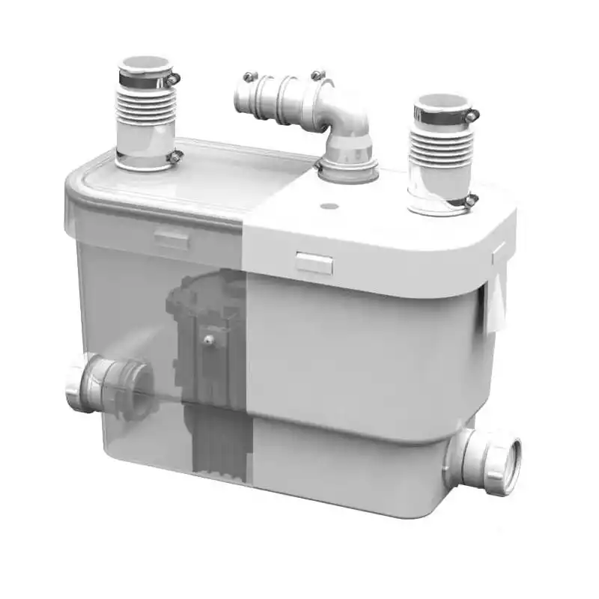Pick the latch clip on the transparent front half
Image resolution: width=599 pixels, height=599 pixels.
click(x=172, y=239)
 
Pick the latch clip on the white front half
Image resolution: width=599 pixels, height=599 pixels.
click(x=314, y=263)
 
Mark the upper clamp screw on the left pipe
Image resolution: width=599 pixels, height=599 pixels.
click(x=174, y=77)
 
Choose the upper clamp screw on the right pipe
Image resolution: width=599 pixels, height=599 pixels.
click(x=472, y=115)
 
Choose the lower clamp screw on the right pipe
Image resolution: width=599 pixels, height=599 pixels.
click(x=471, y=199)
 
